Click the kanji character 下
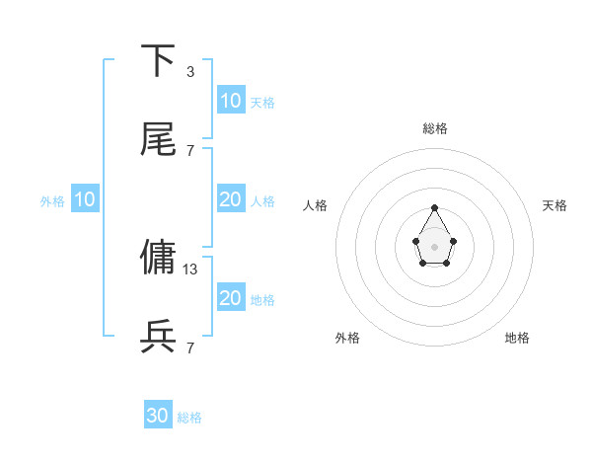click(x=159, y=61)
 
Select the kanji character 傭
click(x=159, y=257)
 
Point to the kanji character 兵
click(x=159, y=336)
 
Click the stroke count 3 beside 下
click(x=190, y=72)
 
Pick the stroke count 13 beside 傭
click(x=191, y=268)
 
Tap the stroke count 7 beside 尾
click(x=190, y=150)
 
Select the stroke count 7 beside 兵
click(x=190, y=347)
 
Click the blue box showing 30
click(x=158, y=416)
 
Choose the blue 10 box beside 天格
click(x=230, y=101)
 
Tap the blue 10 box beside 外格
click(x=85, y=199)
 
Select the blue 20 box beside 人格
click(x=230, y=199)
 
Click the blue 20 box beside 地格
click(x=230, y=298)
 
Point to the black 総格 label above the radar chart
click(x=434, y=128)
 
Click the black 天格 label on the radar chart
click(x=555, y=205)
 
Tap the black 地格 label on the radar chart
click(x=517, y=338)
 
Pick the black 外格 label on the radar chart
click(x=347, y=338)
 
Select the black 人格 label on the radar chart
click(x=316, y=205)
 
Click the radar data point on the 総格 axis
click(x=434, y=207)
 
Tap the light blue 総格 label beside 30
click(x=189, y=418)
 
